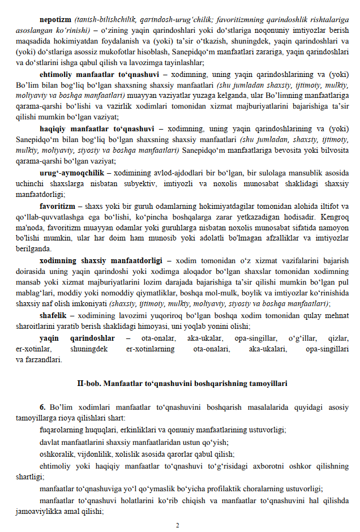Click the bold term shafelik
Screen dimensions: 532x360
pos(55,315)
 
